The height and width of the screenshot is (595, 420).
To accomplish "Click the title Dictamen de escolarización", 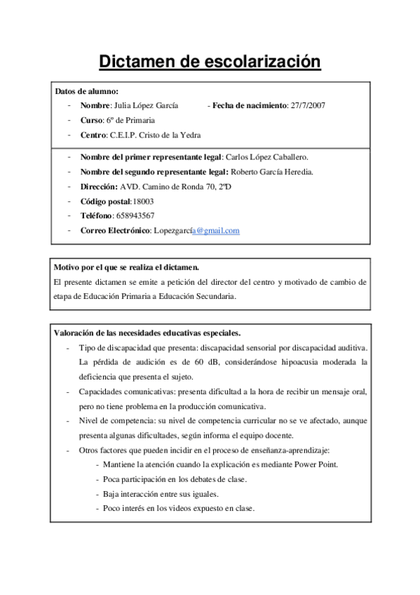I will [210, 62].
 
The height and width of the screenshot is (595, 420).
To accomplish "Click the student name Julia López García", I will [145, 105].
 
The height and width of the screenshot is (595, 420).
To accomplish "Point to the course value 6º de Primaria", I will [130, 120].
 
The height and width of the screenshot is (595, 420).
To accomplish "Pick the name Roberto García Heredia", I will [272, 172].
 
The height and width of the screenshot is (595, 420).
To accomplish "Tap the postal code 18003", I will [143, 201].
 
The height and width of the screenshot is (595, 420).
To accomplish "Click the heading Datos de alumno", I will [86, 91].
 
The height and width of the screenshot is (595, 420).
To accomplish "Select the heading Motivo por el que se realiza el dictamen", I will [127, 267].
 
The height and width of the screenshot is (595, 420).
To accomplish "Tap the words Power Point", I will [316, 464].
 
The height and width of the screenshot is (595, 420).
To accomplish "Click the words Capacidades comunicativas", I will [122, 392].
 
